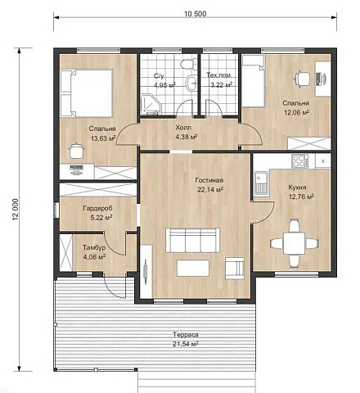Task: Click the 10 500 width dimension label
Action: (196, 14)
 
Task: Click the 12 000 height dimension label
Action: (16, 209)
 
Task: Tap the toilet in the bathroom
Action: (188, 65)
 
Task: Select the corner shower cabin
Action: (150, 104)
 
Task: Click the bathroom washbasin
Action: (191, 83)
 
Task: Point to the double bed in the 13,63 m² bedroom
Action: (86, 93)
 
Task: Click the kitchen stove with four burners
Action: (299, 160)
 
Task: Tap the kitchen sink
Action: (262, 183)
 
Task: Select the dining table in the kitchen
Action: (295, 243)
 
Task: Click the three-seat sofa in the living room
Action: (192, 240)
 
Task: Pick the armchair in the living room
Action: (235, 269)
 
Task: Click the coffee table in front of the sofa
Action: (193, 269)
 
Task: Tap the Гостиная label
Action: (209, 180)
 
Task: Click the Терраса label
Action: (186, 335)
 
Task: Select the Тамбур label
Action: (94, 247)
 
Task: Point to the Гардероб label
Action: (97, 208)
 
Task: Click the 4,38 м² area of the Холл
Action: (187, 137)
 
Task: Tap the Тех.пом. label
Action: (219, 75)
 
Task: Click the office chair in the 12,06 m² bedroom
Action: (302, 79)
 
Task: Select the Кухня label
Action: (297, 187)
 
